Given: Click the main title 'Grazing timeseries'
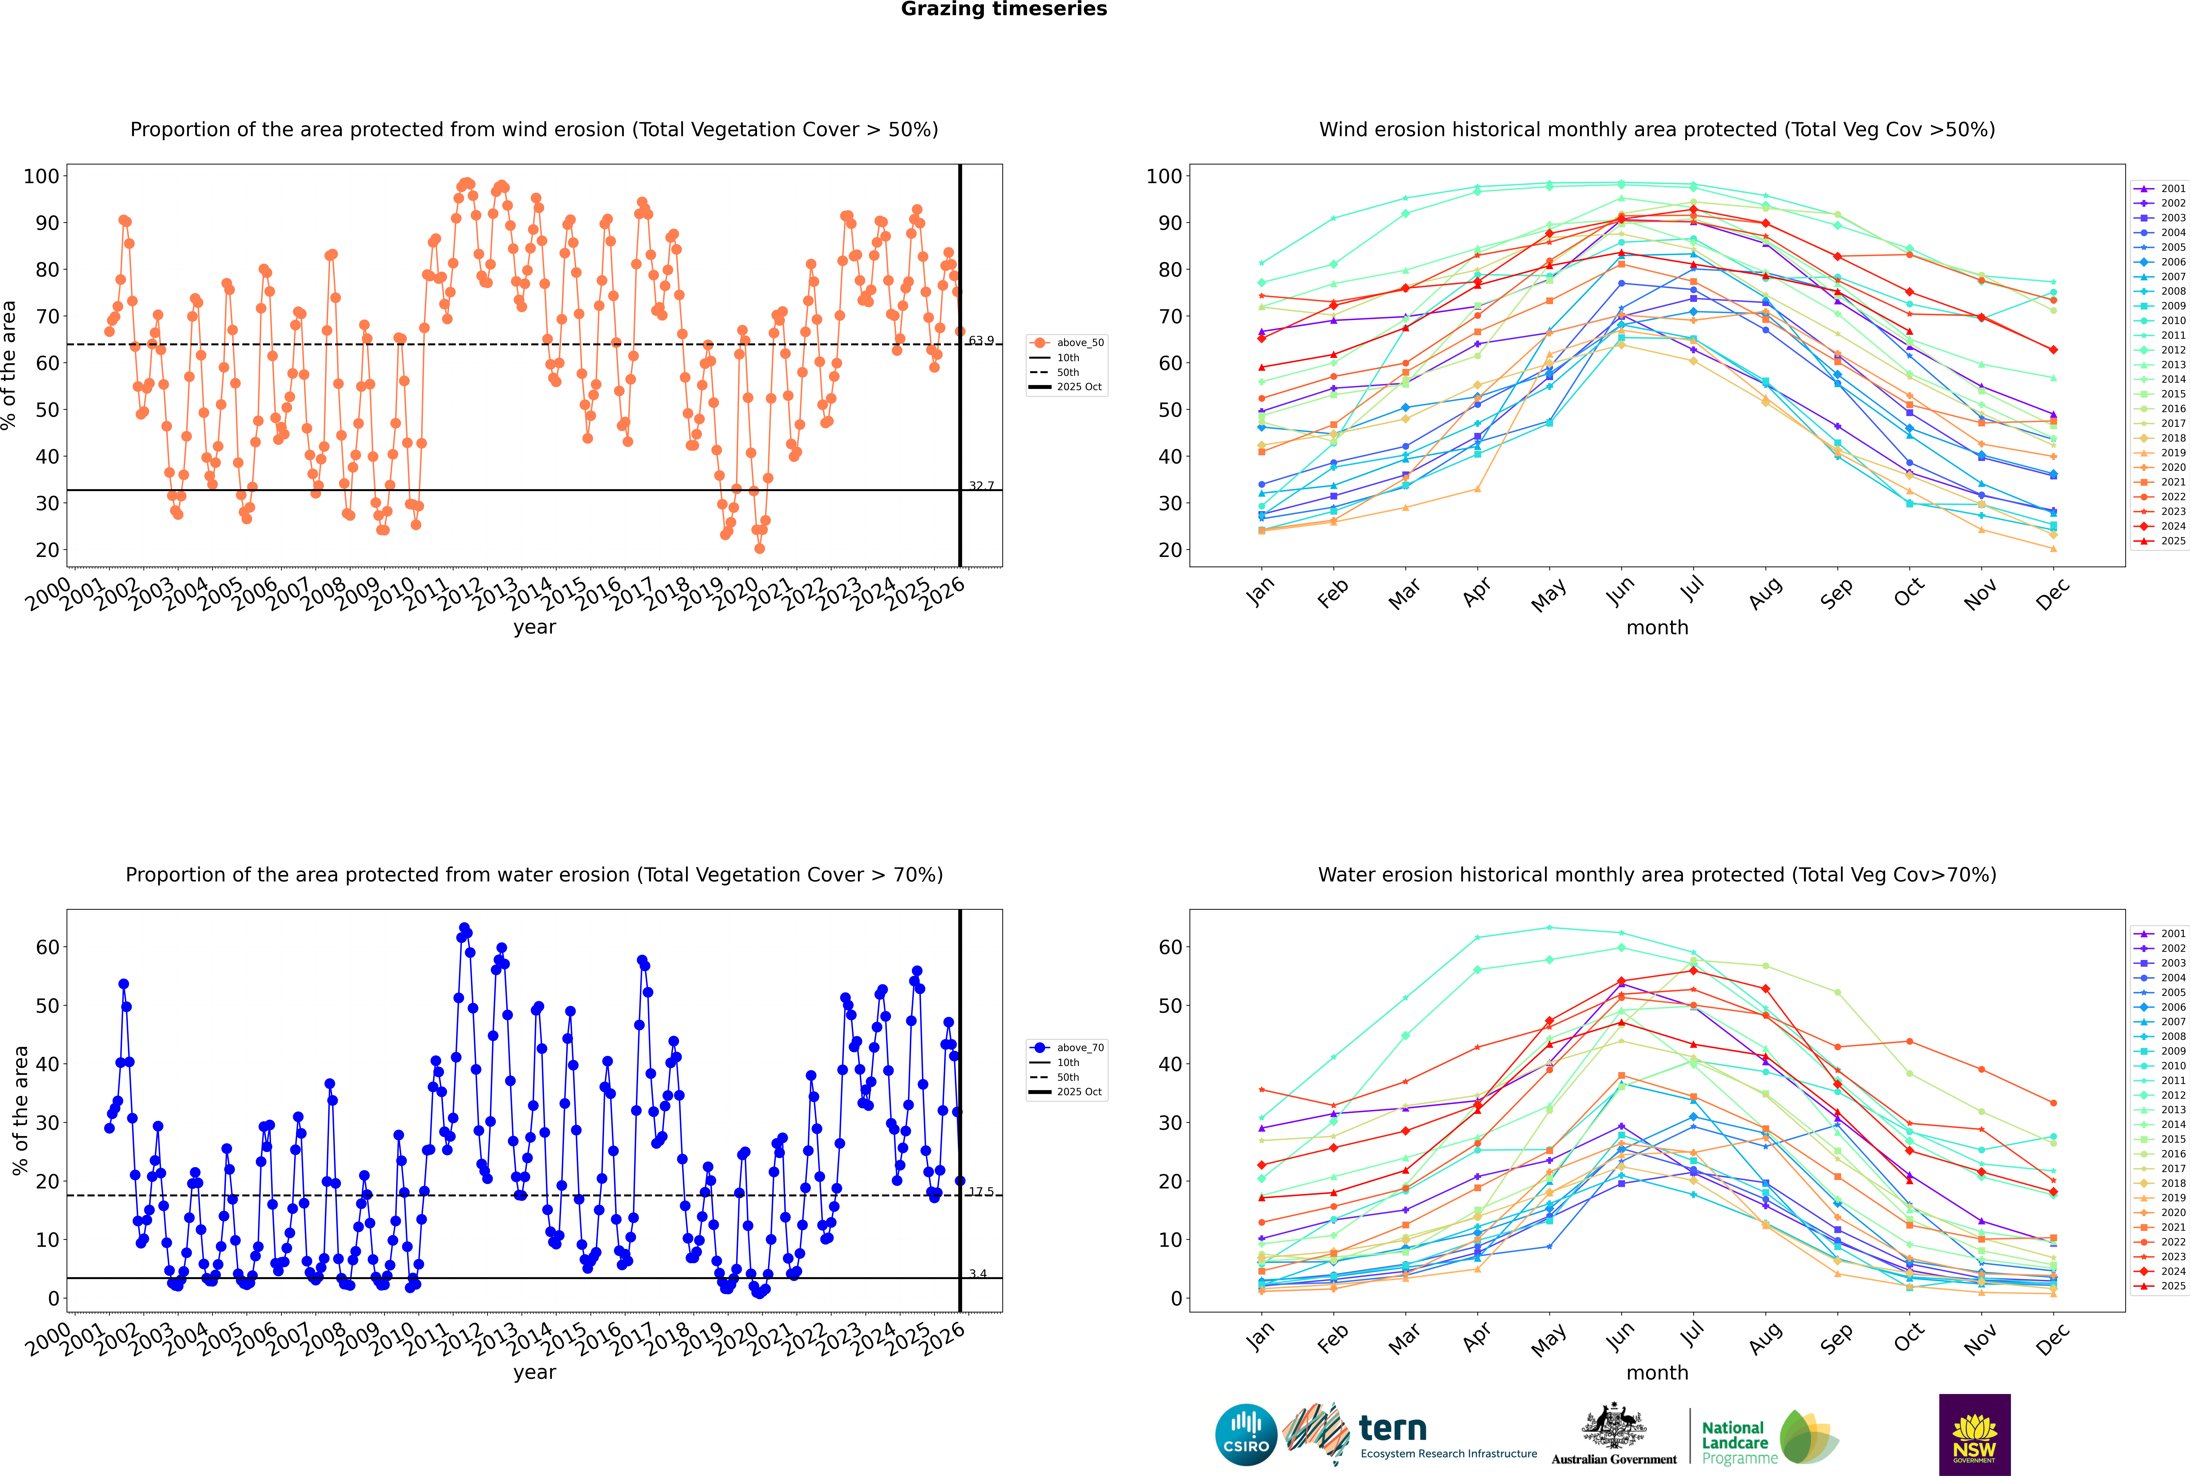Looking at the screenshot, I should click(x=1004, y=9).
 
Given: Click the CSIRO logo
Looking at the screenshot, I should click(x=1246, y=1435).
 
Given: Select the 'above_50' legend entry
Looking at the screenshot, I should click(x=1079, y=343).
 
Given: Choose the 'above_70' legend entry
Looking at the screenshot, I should click(x=1079, y=1048).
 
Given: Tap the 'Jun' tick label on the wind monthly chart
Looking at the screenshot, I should click(x=1619, y=591).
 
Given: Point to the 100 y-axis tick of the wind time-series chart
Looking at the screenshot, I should click(x=41, y=176).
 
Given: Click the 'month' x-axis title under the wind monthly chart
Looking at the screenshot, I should click(x=1657, y=628).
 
